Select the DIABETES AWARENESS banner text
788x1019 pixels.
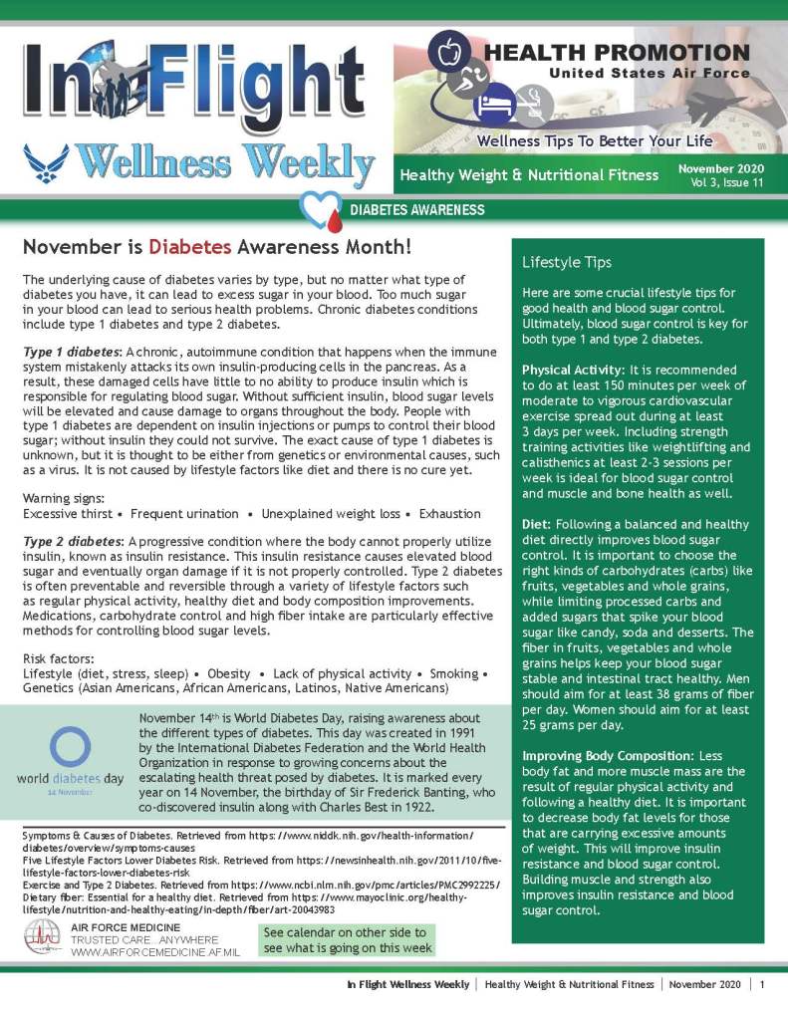click(417, 210)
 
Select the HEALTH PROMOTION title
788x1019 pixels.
click(618, 53)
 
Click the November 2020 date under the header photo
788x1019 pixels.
click(721, 168)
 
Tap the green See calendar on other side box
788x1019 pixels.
click(347, 940)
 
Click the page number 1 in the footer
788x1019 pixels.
click(762, 984)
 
